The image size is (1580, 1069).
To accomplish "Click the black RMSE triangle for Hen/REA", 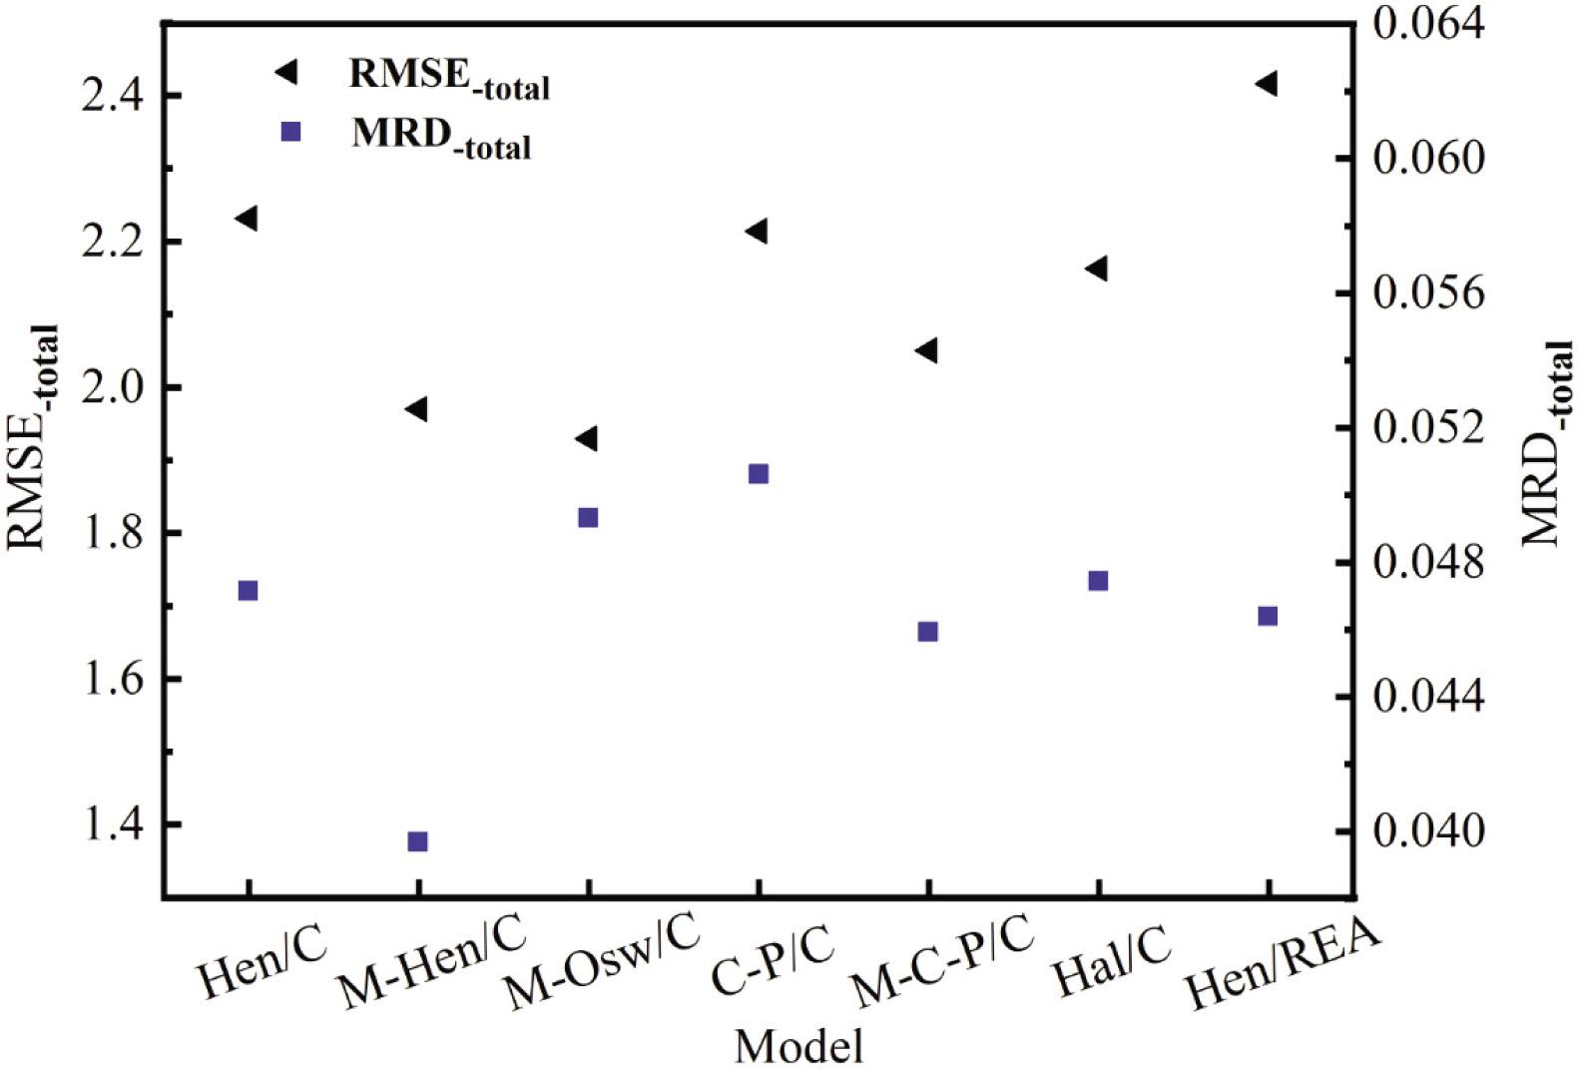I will tap(1267, 83).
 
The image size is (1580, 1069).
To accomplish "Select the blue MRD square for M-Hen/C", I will tap(418, 841).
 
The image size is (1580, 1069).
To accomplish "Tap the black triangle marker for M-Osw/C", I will tap(587, 438).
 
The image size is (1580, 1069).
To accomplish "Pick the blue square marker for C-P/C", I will tap(759, 474).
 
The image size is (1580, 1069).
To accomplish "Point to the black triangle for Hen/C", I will tap(247, 218).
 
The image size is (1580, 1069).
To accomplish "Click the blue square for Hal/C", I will tap(1098, 581).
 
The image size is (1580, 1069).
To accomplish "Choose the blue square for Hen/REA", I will tap(1268, 616).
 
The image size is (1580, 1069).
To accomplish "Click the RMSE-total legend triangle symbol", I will tap(286, 71).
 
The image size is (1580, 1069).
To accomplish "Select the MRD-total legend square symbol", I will tap(290, 132).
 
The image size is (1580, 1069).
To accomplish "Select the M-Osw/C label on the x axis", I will tap(600, 959).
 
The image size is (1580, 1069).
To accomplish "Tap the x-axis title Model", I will tap(798, 1046).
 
